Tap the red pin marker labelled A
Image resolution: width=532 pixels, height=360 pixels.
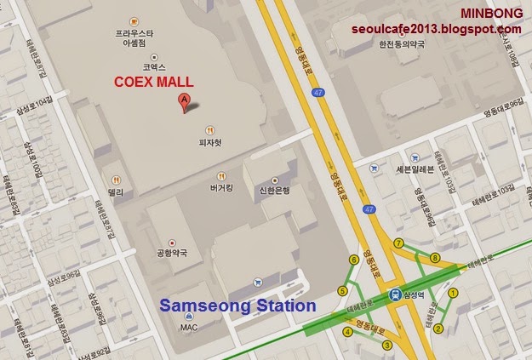181,104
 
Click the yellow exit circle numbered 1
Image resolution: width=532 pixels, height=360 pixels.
453,292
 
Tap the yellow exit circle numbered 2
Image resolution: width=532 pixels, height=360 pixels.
439,329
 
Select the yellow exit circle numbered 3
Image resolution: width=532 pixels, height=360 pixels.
387,345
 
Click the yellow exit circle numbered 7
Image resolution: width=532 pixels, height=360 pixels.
398,243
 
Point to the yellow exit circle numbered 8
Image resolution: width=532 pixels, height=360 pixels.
435,257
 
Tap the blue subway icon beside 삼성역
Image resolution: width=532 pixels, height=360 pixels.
396,294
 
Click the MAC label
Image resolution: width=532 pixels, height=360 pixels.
189,327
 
